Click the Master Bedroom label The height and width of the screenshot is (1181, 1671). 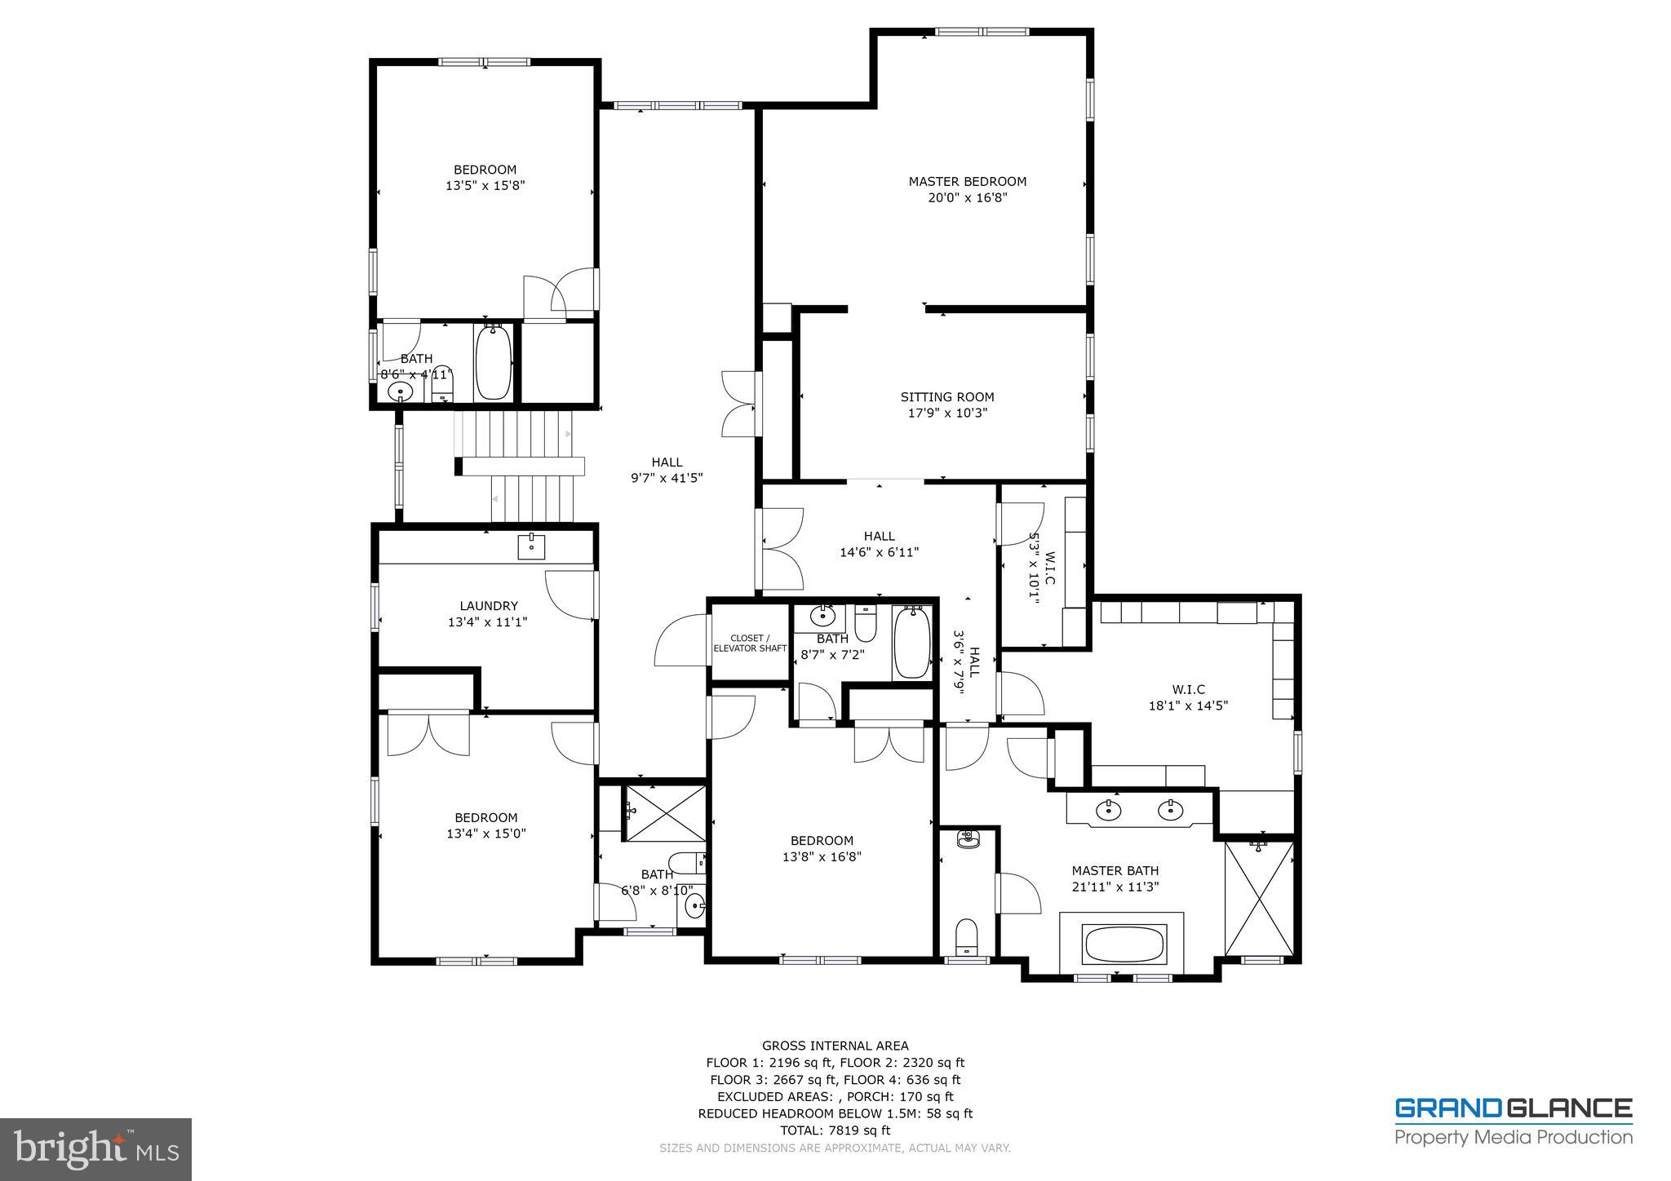(x=967, y=181)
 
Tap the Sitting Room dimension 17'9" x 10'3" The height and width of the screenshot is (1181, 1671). (x=947, y=413)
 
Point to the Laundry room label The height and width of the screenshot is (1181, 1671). (x=488, y=606)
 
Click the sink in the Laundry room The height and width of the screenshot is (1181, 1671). (x=531, y=546)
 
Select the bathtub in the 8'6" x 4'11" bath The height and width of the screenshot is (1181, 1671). (x=493, y=363)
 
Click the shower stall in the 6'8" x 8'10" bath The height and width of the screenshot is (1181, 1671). (x=664, y=812)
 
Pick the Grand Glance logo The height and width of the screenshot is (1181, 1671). (x=1513, y=1121)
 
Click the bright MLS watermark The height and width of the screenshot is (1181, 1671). (x=95, y=1149)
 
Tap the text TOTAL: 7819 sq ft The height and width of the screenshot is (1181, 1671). (x=835, y=1130)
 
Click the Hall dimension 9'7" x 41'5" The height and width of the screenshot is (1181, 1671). (x=666, y=479)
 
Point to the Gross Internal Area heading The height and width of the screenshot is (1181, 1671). (x=835, y=1046)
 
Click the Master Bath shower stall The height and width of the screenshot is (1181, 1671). (x=1259, y=898)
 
